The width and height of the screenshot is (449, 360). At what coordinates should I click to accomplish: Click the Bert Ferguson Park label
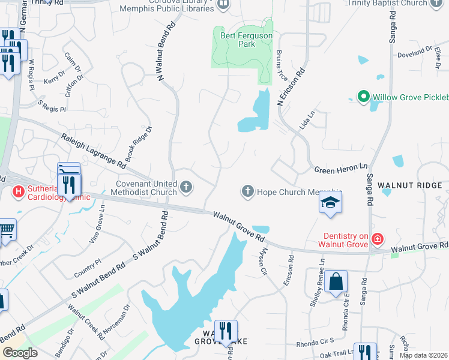246,40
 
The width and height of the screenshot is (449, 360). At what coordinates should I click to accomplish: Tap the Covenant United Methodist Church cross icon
186,188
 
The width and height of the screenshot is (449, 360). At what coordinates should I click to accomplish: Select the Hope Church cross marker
247,191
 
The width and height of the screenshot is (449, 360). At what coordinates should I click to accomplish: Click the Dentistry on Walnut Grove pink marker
377,240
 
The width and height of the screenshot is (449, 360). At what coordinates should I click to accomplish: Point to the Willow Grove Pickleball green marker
363,96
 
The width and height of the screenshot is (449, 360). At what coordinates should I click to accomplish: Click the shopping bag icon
336,281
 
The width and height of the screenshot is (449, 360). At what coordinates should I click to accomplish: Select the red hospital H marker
18,191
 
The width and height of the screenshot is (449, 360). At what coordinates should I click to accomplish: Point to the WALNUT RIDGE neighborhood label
412,185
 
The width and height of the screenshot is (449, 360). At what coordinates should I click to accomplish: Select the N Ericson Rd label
292,88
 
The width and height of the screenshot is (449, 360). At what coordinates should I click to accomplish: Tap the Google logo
20,353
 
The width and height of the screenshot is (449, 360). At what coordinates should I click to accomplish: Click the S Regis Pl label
51,106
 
